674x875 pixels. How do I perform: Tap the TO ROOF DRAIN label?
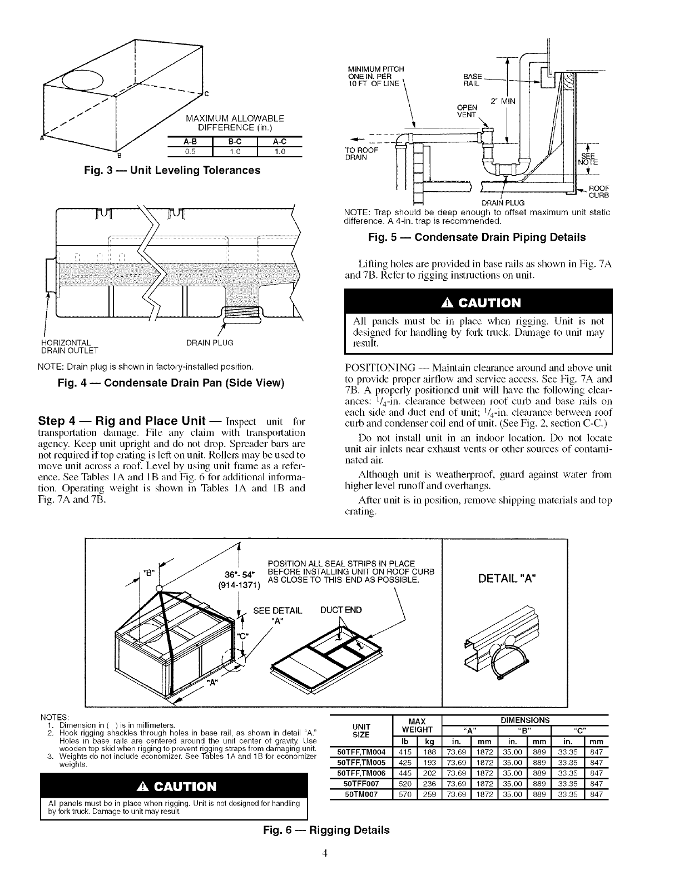[362, 153]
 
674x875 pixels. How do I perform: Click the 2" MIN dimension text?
[503, 101]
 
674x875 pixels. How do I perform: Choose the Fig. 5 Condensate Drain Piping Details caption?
[477, 237]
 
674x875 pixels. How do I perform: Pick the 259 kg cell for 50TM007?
[429, 795]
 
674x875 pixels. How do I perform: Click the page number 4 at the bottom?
[336, 854]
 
